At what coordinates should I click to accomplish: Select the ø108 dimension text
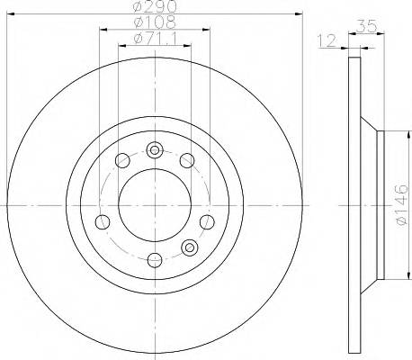pos(154,22)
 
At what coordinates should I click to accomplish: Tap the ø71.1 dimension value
pos(154,38)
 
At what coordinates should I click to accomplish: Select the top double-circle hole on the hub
pos(155,150)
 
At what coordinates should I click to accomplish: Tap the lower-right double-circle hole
pos(189,247)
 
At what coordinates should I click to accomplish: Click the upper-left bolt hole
pos(121,161)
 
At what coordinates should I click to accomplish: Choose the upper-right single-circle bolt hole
pos(187,161)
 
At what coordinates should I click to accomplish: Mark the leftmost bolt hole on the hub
pos(103,222)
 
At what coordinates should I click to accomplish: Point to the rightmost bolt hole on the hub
pos(208,222)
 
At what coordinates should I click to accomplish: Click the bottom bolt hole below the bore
pos(155,261)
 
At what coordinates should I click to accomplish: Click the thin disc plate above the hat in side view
pos(353,90)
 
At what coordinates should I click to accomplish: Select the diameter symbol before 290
pos(138,7)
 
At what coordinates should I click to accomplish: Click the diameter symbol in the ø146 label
pos(401,221)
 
